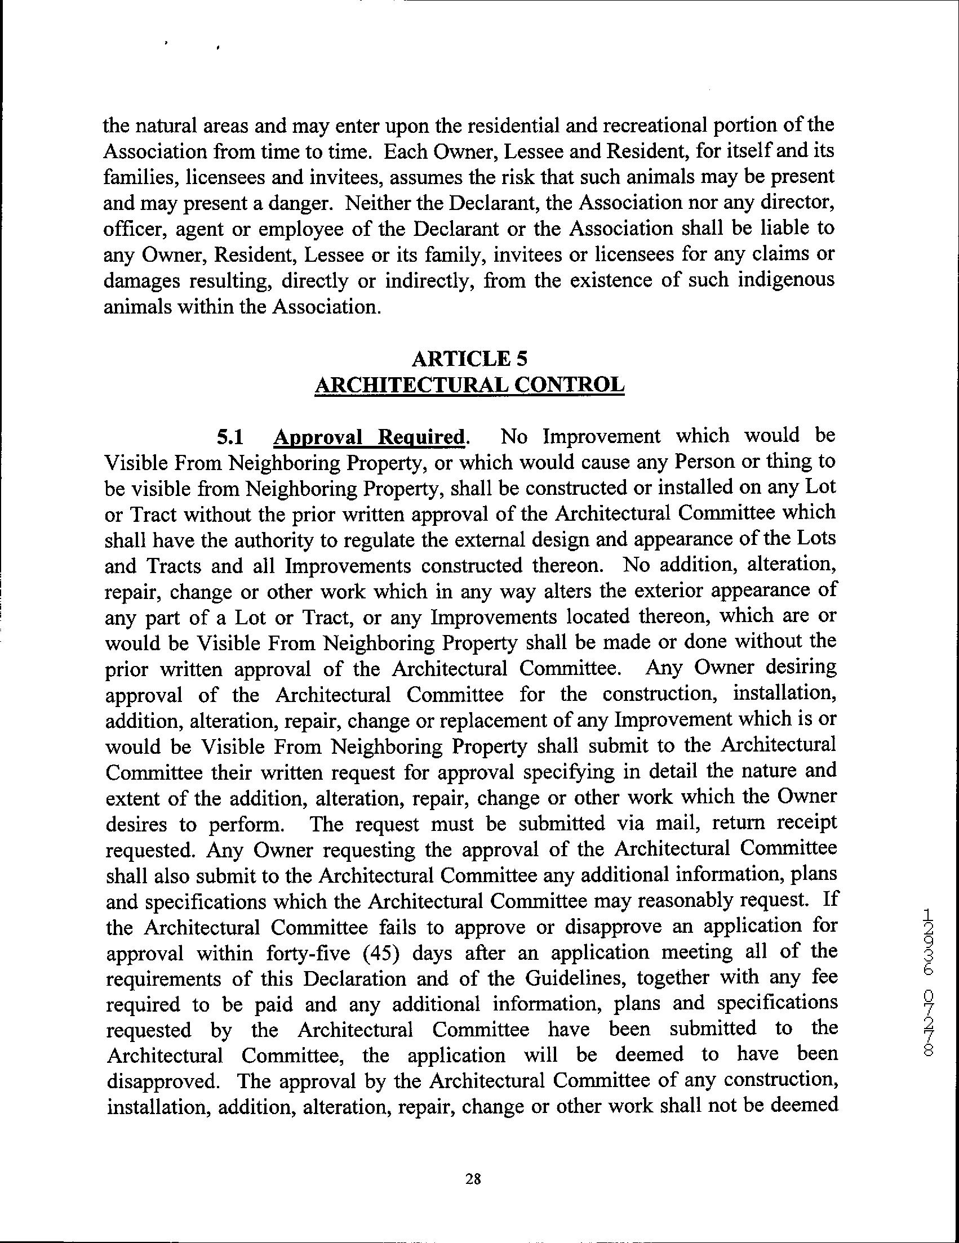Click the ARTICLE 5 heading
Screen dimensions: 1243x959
tap(470, 359)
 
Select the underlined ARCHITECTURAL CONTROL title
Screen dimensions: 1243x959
tap(470, 385)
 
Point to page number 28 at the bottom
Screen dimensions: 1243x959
tap(473, 1180)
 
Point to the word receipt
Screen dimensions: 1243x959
tap(805, 824)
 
